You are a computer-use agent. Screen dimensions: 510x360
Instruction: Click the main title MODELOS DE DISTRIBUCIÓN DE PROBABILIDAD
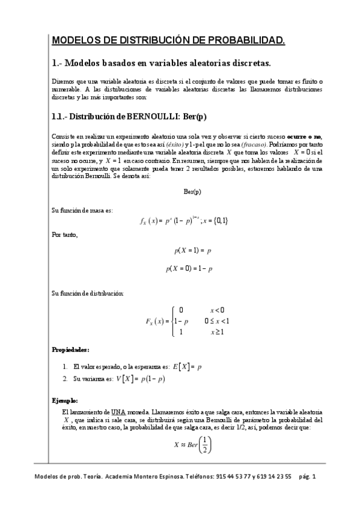[169, 40]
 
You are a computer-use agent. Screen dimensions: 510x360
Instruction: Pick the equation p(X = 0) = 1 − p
[189, 269]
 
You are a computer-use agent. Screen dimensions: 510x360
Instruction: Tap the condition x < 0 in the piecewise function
[217, 310]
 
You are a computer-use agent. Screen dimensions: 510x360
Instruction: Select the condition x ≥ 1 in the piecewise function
[217, 331]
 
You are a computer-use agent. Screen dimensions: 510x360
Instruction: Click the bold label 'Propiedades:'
[71, 349]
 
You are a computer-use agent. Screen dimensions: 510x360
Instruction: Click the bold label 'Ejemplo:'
[65, 400]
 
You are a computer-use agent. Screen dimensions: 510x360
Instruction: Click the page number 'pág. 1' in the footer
[311, 476]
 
